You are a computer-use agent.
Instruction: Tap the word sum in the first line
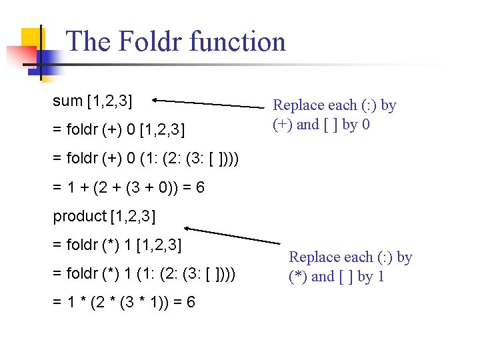click(67, 101)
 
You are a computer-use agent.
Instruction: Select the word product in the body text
click(79, 216)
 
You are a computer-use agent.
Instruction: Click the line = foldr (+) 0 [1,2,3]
click(119, 127)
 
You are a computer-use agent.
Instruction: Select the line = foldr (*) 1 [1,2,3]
click(117, 245)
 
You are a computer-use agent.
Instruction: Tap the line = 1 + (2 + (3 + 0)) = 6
click(129, 188)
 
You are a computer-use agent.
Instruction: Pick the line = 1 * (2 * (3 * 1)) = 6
click(124, 303)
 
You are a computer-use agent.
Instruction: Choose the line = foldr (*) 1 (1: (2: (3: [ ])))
click(144, 274)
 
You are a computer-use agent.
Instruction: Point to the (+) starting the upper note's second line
click(282, 125)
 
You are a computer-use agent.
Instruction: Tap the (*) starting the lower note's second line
click(298, 277)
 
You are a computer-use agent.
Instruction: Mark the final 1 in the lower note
click(381, 277)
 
